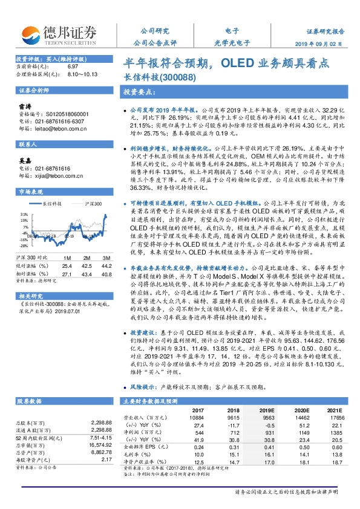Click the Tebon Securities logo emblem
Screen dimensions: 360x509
point(30,34)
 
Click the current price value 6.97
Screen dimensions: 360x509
point(73,66)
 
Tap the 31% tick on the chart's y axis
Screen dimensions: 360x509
point(24,214)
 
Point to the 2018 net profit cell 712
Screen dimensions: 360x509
point(233,432)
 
